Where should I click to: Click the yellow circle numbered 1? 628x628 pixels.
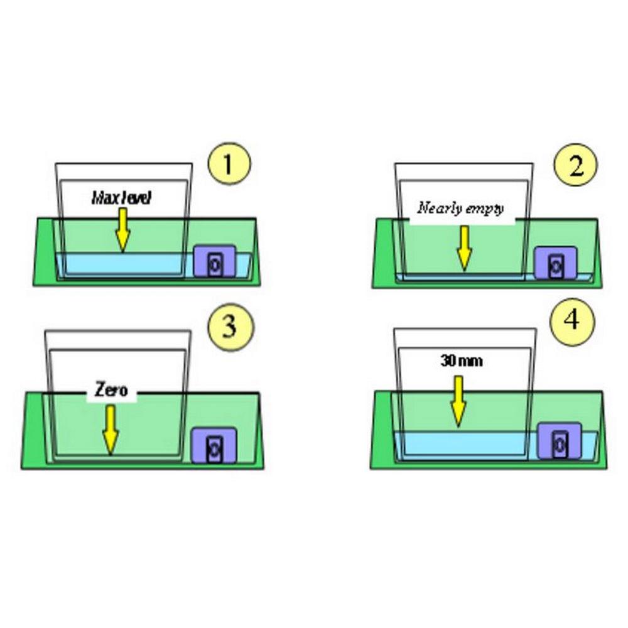229,164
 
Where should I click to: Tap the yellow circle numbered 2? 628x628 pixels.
575,165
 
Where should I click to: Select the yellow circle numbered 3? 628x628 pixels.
230,327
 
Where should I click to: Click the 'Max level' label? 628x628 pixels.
121,198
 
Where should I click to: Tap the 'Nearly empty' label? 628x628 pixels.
460,208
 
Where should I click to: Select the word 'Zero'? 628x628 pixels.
112,390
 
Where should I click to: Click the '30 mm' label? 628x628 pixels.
462,361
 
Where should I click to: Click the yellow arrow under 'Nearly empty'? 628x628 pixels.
464,248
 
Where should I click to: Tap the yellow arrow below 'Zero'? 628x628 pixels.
110,430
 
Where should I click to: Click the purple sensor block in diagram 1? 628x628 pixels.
215,261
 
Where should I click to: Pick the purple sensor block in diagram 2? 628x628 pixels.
556,263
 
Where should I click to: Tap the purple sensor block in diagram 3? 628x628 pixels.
213,445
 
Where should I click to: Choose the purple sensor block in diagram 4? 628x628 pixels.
559,440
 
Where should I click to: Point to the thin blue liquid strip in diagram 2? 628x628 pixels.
465,277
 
